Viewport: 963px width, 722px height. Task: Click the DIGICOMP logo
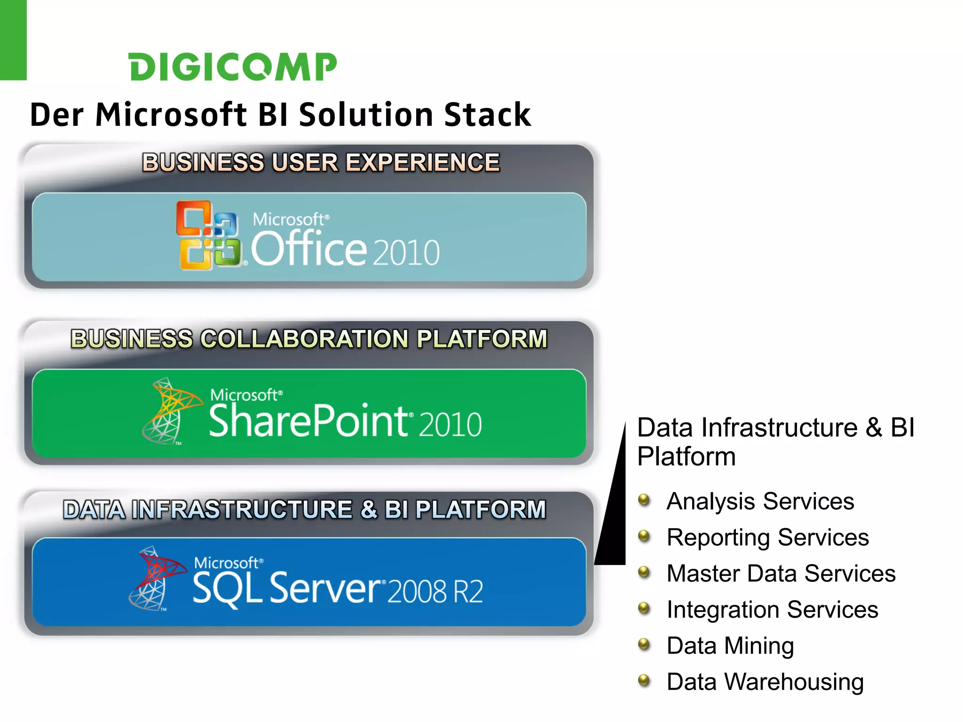pyautogui.click(x=233, y=66)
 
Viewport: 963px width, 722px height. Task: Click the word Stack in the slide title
pyautogui.click(x=487, y=115)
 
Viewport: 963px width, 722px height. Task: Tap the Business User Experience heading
pyautogui.click(x=321, y=163)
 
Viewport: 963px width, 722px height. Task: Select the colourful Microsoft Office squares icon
pyautogui.click(x=208, y=235)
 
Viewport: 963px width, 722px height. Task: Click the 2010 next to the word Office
pyautogui.click(x=406, y=252)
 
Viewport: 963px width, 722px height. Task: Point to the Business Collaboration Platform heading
pyautogui.click(x=309, y=339)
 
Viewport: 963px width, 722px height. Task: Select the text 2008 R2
pyautogui.click(x=435, y=591)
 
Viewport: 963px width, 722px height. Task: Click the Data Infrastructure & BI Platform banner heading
pyautogui.click(x=305, y=510)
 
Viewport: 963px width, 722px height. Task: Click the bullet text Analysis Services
pyautogui.click(x=760, y=501)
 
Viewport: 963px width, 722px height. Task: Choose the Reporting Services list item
pyautogui.click(x=767, y=537)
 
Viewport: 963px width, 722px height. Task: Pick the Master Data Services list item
pyautogui.click(x=781, y=573)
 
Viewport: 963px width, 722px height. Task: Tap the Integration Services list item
pyautogui.click(x=772, y=610)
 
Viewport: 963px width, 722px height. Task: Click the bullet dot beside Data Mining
pyautogui.click(x=644, y=644)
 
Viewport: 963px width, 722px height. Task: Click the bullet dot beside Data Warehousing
pyautogui.click(x=644, y=680)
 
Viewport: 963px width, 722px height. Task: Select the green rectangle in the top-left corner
pyautogui.click(x=13, y=40)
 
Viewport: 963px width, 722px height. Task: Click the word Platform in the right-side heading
pyautogui.click(x=687, y=456)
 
